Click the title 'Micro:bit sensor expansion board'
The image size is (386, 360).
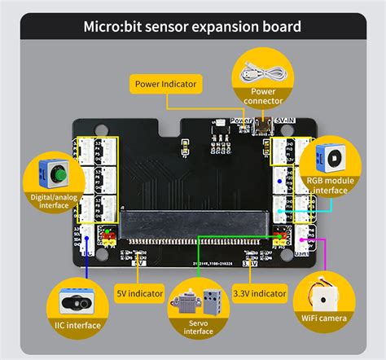tap(192, 27)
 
